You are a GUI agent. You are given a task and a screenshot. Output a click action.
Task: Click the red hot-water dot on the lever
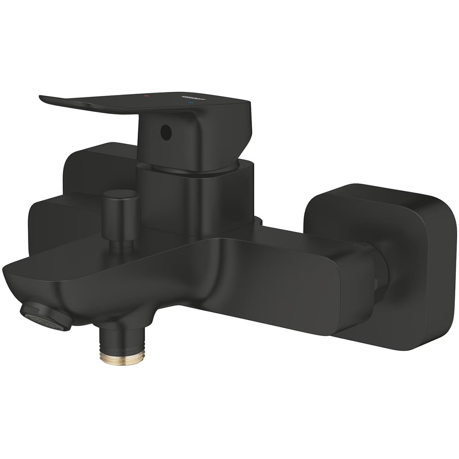click(x=146, y=97)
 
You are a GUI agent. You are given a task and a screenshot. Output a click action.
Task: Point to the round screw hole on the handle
click(x=166, y=132)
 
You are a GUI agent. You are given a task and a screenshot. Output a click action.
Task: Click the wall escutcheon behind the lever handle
click(x=92, y=165)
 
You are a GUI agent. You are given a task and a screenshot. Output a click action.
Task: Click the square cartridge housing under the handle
click(x=195, y=197)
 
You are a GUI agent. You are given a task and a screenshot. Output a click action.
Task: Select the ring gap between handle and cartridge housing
click(x=193, y=171)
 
